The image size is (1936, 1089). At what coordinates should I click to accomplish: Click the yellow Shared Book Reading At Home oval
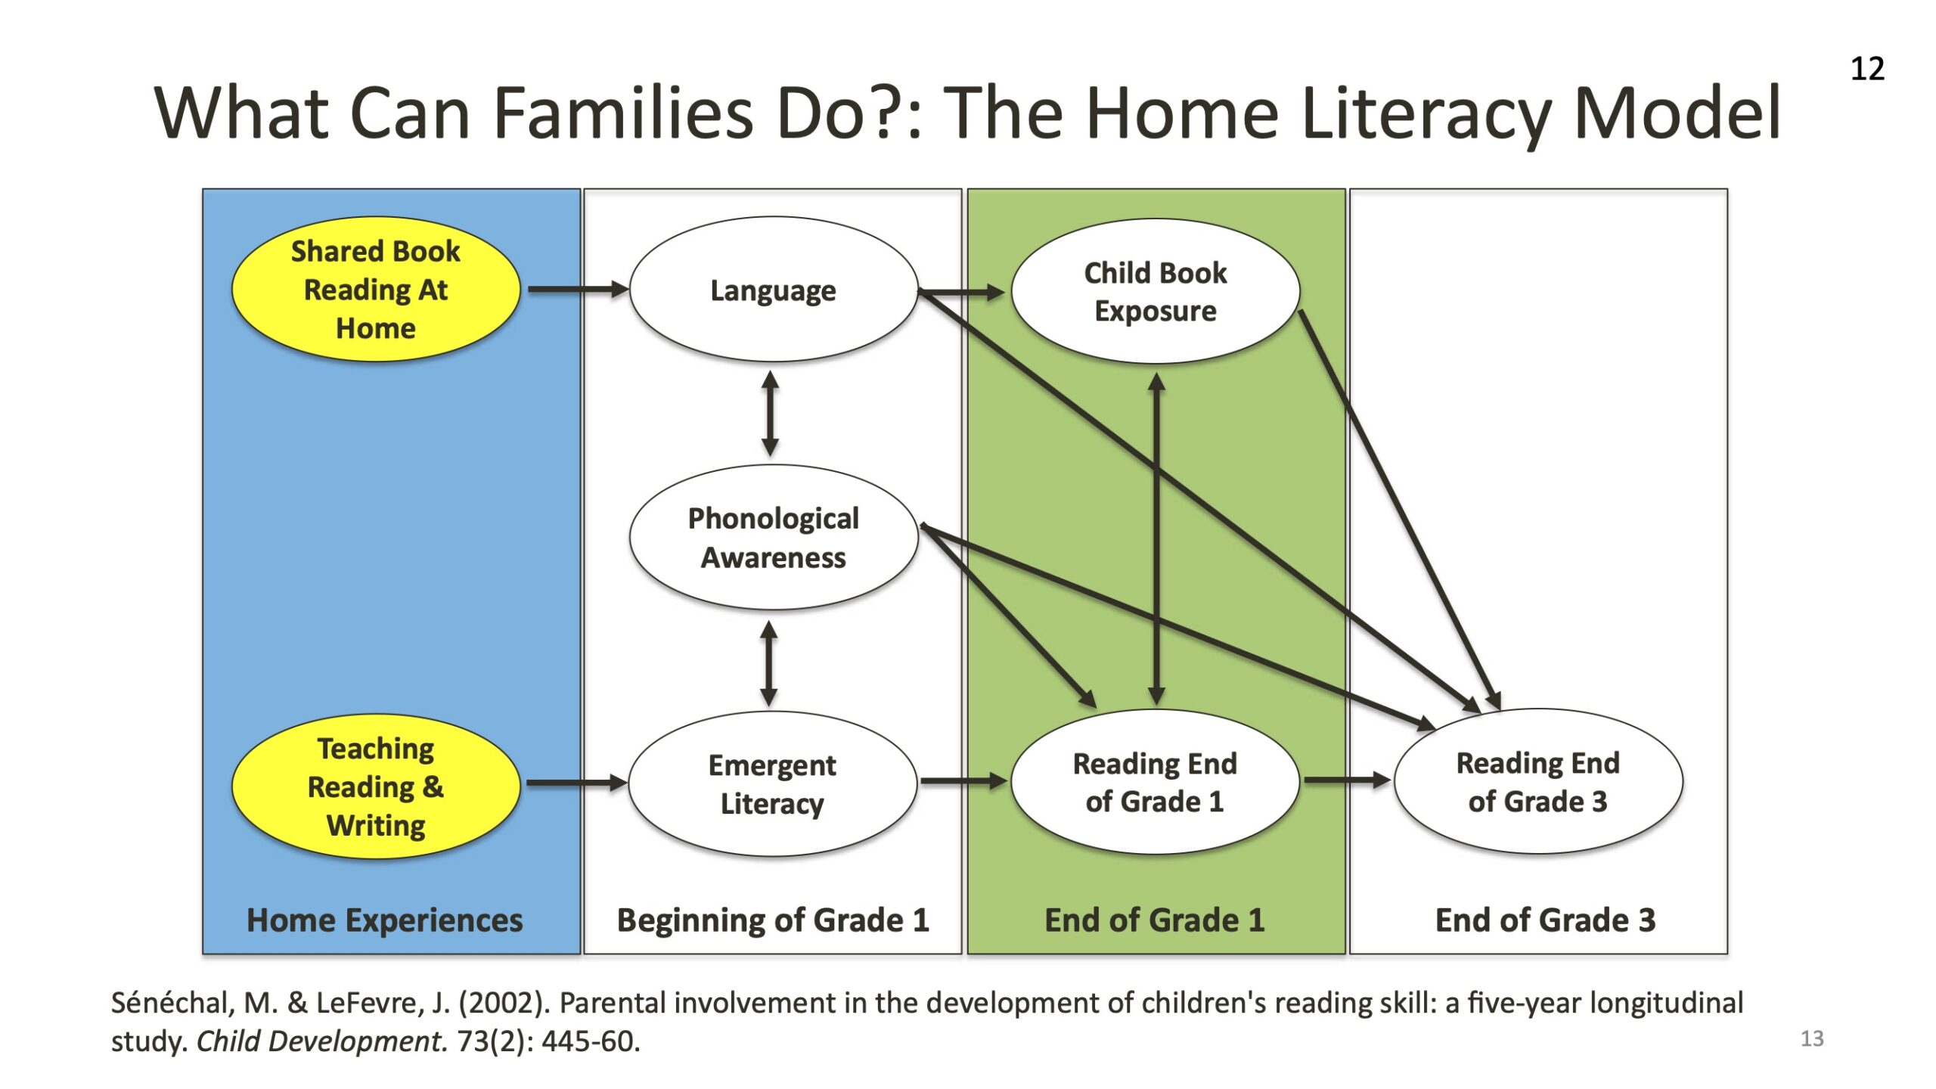[376, 289]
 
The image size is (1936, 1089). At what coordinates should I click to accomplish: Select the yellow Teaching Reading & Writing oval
[376, 786]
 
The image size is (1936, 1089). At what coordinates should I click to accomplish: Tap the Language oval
[774, 289]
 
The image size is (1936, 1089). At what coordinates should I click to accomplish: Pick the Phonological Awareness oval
[774, 537]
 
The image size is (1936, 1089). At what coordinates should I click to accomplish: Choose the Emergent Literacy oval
[773, 783]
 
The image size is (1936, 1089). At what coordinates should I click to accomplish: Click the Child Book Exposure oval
[1156, 291]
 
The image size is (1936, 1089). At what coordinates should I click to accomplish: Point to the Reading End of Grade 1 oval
[1156, 782]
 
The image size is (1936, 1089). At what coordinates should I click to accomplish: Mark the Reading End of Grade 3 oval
[1538, 781]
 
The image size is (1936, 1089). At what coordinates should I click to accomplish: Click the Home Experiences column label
[384, 920]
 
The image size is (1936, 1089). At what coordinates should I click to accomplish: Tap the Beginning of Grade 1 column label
[773, 920]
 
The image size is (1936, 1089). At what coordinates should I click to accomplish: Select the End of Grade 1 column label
[1155, 920]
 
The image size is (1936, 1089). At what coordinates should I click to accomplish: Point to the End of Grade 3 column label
[1545, 920]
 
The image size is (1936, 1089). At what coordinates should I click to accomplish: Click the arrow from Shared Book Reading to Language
[579, 289]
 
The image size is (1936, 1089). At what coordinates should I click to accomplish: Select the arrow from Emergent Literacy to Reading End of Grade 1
[964, 780]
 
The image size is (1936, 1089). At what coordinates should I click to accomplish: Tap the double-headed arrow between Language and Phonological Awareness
[771, 413]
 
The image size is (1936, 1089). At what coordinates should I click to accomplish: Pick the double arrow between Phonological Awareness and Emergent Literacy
[769, 663]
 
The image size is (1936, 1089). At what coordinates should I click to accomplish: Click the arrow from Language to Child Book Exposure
[961, 291]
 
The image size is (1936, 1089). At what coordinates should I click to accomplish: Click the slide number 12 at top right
[1867, 69]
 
